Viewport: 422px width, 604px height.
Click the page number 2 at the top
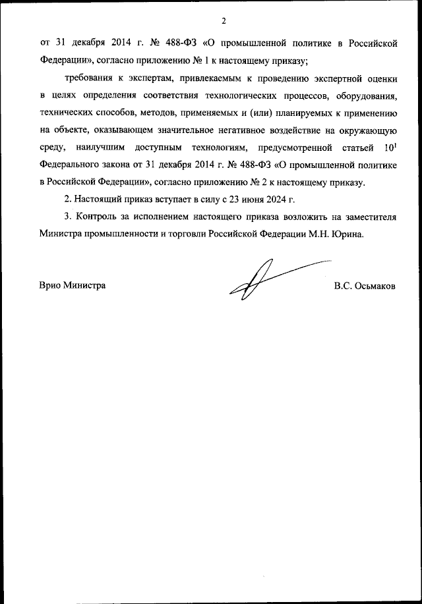(224, 20)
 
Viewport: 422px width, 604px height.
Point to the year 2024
(289, 198)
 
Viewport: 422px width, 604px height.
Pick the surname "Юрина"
(365, 233)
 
